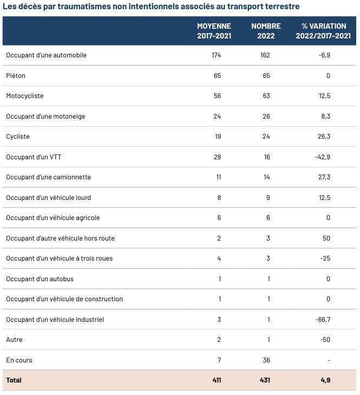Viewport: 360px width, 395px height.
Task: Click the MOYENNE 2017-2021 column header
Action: pyautogui.click(x=214, y=31)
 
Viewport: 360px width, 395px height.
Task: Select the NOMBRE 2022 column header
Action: pyautogui.click(x=266, y=31)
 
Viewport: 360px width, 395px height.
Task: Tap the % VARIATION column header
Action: pyautogui.click(x=324, y=31)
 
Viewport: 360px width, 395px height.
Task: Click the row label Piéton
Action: pyautogui.click(x=16, y=76)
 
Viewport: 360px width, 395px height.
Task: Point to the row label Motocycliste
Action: pyautogui.click(x=25, y=96)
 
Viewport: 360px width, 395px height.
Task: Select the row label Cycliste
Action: pyautogui.click(x=18, y=137)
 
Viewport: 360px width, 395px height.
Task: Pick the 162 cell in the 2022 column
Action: pyautogui.click(x=264, y=55)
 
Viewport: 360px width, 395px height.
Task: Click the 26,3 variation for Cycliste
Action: pyautogui.click(x=324, y=137)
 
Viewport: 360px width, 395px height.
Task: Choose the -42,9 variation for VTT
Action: pyautogui.click(x=323, y=157)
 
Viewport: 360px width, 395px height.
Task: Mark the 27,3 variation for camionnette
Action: pyautogui.click(x=324, y=177)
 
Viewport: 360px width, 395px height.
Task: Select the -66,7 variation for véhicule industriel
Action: pyautogui.click(x=323, y=320)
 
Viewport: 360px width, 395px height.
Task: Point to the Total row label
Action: pyautogui.click(x=14, y=380)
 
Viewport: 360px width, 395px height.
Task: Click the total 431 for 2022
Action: pyautogui.click(x=264, y=380)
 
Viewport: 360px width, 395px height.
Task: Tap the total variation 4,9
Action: pyautogui.click(x=325, y=380)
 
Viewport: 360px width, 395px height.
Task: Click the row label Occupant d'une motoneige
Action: pyautogui.click(x=45, y=116)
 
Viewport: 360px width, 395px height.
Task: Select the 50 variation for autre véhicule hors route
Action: pyautogui.click(x=327, y=238)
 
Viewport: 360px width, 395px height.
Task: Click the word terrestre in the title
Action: pyautogui.click(x=280, y=7)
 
